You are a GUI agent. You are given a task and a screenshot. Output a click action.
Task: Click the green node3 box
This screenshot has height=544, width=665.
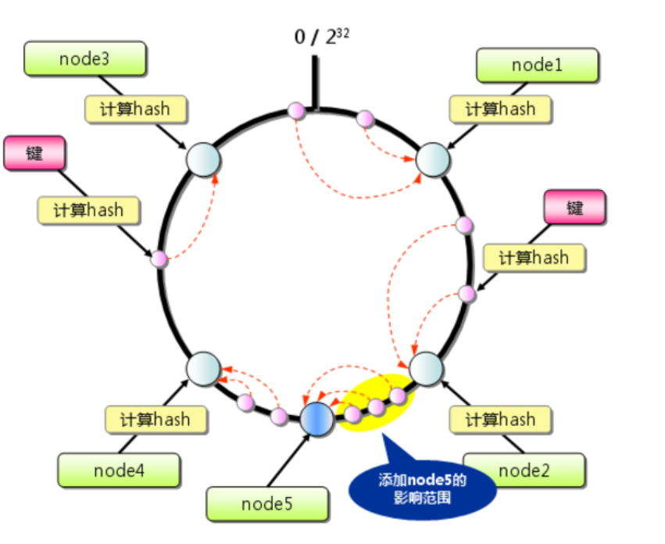click(x=84, y=59)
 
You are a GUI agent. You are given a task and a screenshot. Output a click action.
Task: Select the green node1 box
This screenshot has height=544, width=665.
click(x=537, y=65)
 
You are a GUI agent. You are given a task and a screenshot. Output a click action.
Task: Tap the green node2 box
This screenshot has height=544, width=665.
click(x=524, y=470)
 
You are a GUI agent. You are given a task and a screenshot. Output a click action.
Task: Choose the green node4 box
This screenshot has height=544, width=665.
click(x=119, y=471)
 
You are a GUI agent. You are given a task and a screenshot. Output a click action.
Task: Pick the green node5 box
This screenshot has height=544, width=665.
click(x=267, y=504)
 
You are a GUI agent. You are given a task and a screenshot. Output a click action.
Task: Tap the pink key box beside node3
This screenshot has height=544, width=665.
click(x=34, y=153)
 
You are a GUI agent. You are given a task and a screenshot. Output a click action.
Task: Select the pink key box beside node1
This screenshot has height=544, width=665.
click(x=574, y=208)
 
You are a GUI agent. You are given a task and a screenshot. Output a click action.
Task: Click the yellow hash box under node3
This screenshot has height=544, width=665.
click(x=136, y=109)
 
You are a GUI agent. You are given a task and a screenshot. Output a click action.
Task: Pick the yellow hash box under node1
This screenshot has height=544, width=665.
click(x=501, y=109)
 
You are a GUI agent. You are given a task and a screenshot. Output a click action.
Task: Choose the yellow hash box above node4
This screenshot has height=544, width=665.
click(x=156, y=419)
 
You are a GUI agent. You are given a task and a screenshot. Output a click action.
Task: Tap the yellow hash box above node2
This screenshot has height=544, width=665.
click(x=501, y=420)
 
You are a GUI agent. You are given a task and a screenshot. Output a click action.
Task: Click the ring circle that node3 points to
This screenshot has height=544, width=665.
click(x=203, y=159)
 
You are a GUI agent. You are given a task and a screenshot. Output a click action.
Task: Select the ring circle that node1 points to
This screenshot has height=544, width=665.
click(x=432, y=159)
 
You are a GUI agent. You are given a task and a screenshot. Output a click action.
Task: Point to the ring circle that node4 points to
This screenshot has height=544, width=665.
click(x=203, y=367)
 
